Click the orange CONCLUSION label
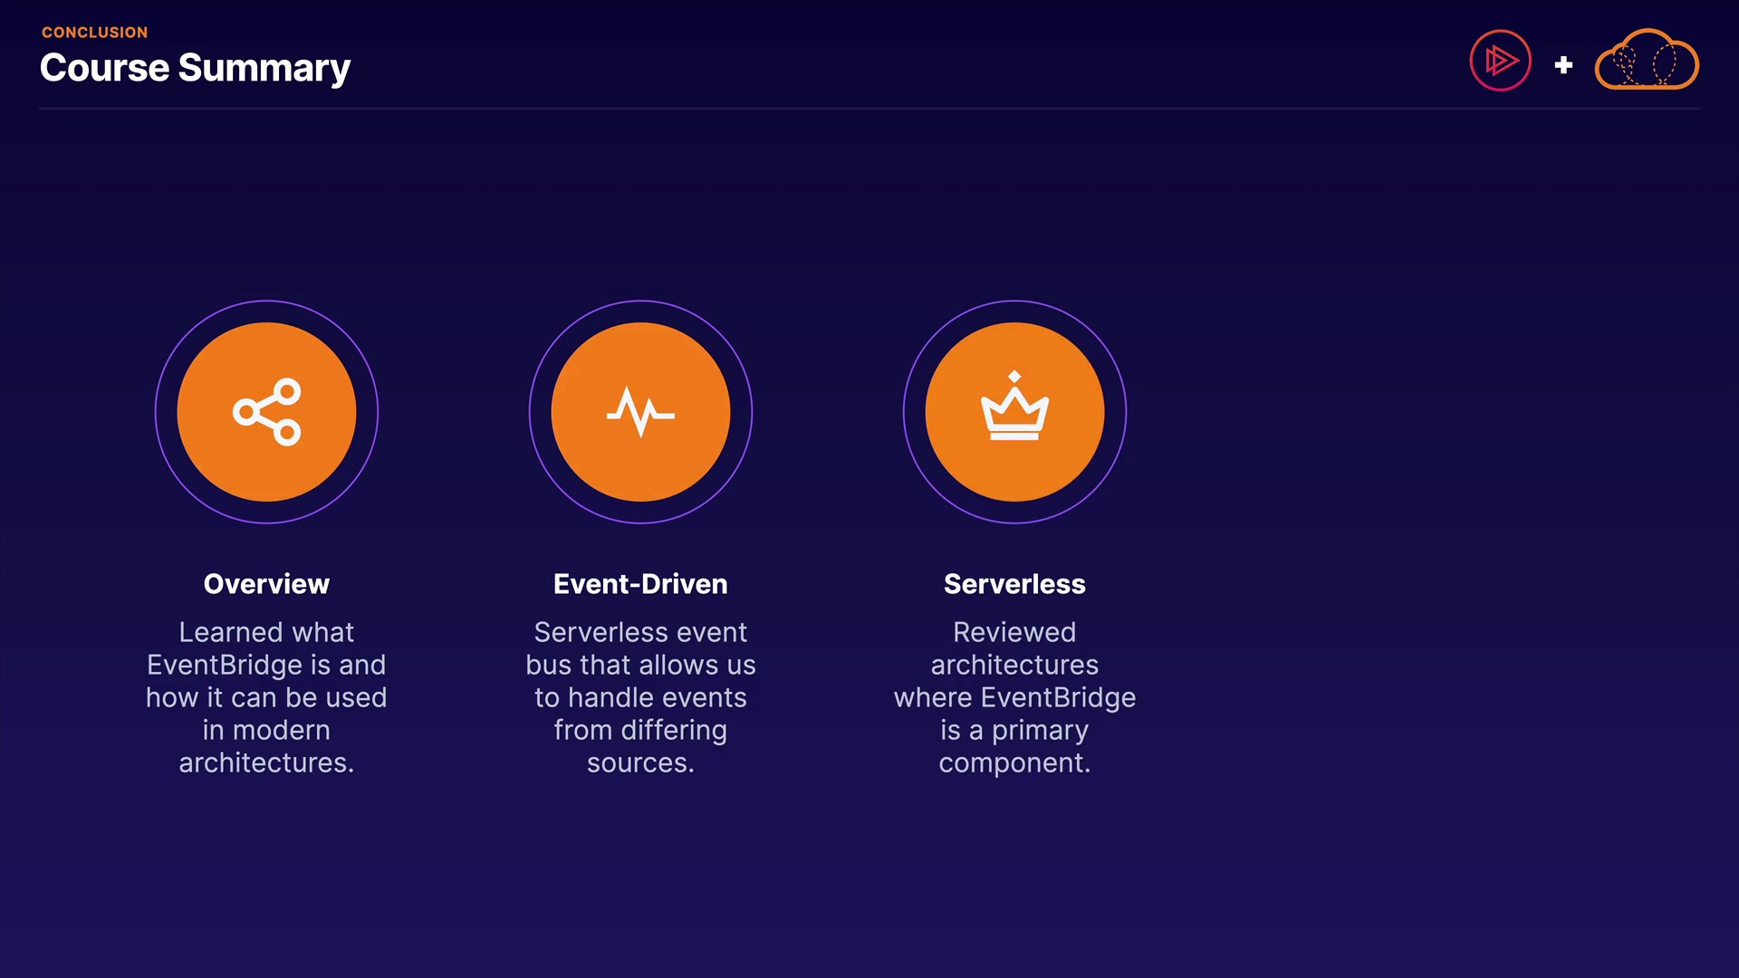(94, 33)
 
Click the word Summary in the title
(264, 70)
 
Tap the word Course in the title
(104, 68)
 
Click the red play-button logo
(1500, 61)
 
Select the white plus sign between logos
(1563, 65)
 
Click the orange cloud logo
(1647, 60)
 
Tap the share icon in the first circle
(266, 412)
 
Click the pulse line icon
(640, 413)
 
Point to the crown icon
(1014, 406)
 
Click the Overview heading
(266, 584)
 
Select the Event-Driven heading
(640, 584)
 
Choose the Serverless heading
(1014, 584)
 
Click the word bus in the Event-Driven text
(548, 665)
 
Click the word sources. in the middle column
(640, 763)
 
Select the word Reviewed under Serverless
(1014, 632)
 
